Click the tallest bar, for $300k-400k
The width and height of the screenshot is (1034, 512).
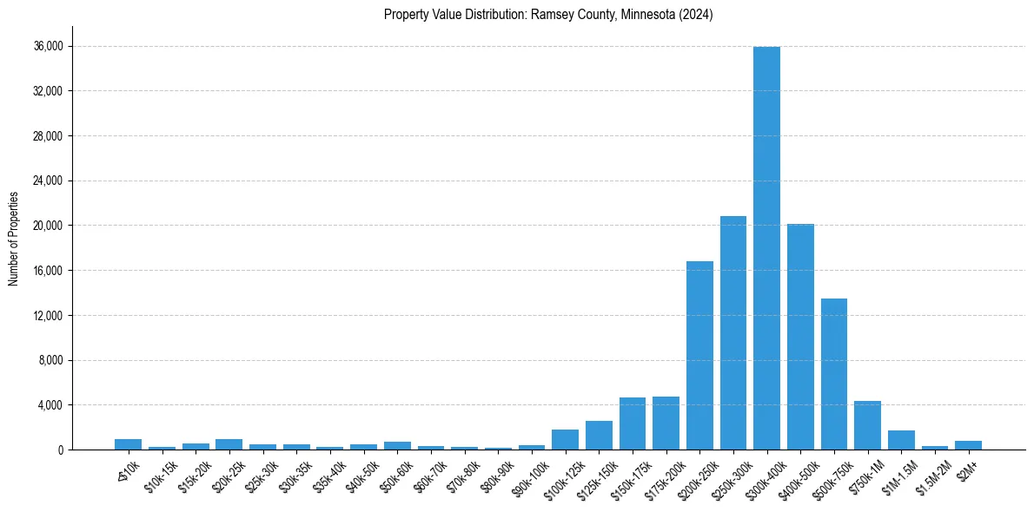[766, 248]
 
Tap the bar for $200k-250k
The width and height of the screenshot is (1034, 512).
[699, 355]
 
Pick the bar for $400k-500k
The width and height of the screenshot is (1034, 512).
[800, 337]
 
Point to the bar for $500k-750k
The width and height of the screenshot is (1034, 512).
[834, 374]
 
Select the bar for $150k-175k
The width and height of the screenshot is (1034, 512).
[633, 423]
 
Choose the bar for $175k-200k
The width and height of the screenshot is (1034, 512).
[666, 423]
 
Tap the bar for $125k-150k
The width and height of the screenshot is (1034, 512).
[599, 436]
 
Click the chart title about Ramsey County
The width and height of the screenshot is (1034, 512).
[548, 15]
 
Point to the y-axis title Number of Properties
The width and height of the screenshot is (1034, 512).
[13, 238]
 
